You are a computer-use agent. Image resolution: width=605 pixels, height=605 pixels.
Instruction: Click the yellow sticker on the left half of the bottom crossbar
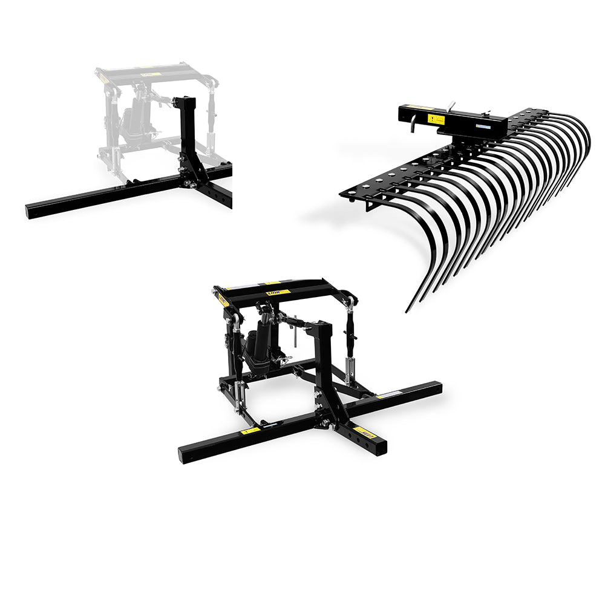(x=250, y=431)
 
